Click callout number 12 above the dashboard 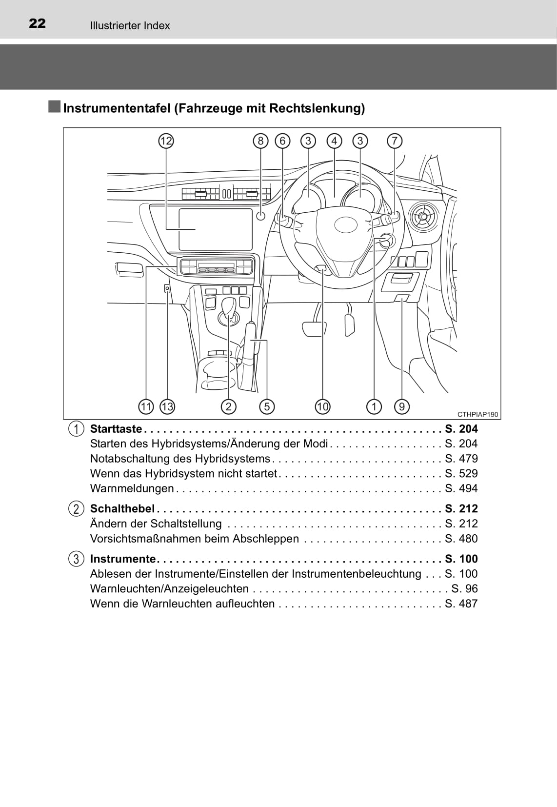[x=166, y=141]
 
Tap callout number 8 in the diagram [x=260, y=141]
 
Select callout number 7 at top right [x=395, y=141]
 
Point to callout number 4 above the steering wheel [x=335, y=141]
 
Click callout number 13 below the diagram [x=167, y=407]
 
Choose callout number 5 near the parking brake [x=267, y=407]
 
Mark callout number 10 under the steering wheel [x=322, y=407]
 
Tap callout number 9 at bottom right [x=402, y=407]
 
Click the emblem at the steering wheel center [x=346, y=225]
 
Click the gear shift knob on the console [x=229, y=307]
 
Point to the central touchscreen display [x=215, y=229]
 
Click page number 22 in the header [x=37, y=23]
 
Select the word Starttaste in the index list [x=116, y=429]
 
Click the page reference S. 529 [x=461, y=473]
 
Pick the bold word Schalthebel [x=122, y=508]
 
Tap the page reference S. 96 [x=464, y=588]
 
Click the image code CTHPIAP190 [x=478, y=414]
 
